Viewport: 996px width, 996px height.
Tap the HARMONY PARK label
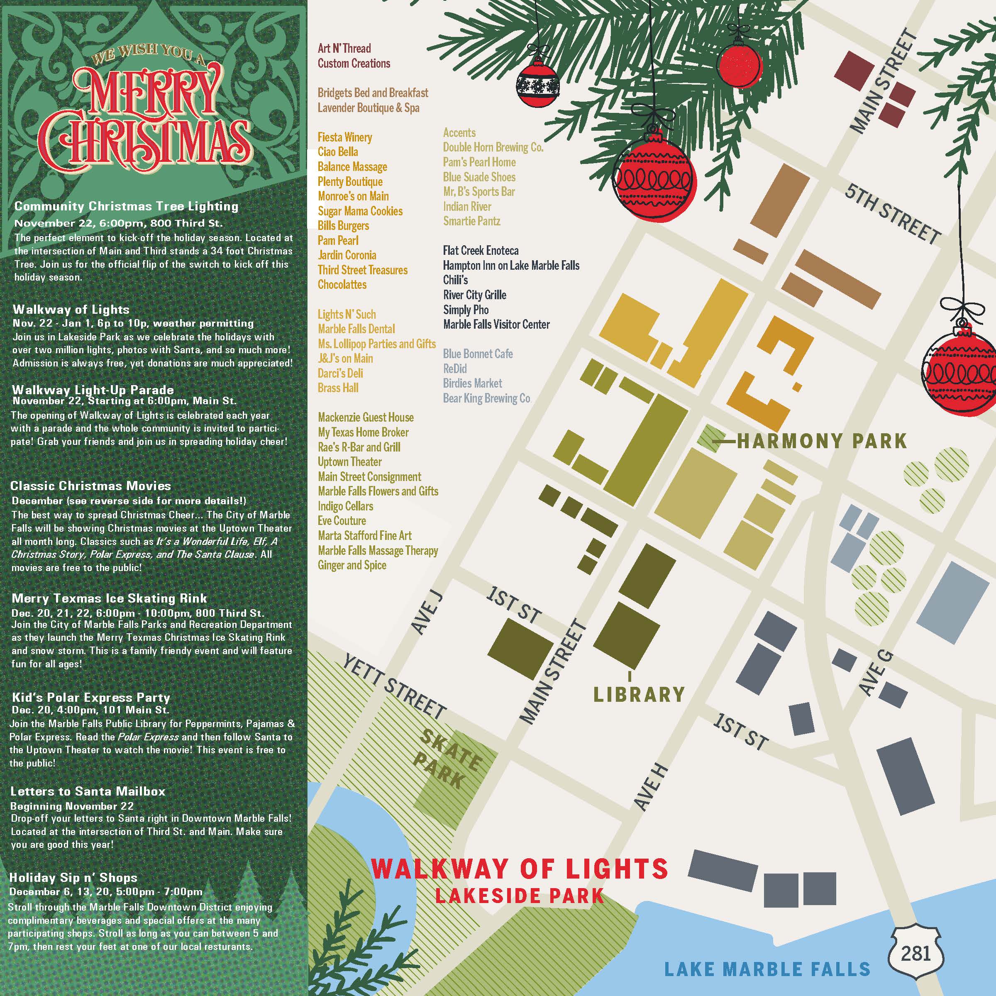[x=822, y=441]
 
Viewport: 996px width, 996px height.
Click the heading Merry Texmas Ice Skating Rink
[x=109, y=598]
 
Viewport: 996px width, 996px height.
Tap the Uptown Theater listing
[x=349, y=462]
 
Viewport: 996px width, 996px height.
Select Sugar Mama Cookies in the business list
[x=360, y=211]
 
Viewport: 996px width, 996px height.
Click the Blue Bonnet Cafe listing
[x=478, y=354]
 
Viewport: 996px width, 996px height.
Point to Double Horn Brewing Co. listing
[x=493, y=147]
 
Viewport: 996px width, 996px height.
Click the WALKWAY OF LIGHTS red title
[x=519, y=869]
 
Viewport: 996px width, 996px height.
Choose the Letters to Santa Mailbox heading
[x=88, y=791]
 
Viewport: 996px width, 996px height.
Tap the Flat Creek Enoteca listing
[x=481, y=251]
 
